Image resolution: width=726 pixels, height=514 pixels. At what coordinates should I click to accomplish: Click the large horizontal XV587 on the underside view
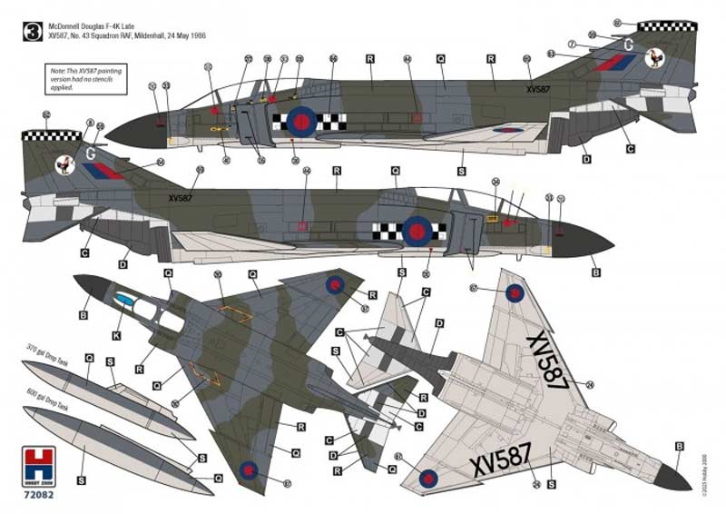coord(503,466)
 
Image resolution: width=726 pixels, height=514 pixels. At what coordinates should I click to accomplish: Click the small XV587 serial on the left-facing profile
coord(538,89)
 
